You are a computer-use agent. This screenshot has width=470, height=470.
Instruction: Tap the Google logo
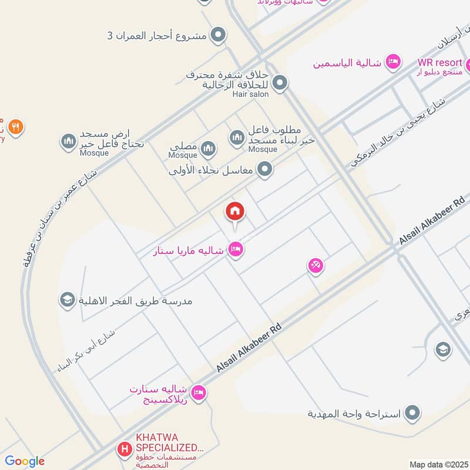(24, 461)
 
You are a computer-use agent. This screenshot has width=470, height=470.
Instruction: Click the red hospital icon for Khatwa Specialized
(125, 451)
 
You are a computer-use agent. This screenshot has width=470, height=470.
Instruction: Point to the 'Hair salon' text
(250, 94)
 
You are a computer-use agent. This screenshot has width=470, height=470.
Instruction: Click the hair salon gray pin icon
(280, 83)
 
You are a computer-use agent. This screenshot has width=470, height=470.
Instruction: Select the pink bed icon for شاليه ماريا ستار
(236, 249)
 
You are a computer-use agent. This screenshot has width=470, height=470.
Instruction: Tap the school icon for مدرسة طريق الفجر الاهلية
(66, 300)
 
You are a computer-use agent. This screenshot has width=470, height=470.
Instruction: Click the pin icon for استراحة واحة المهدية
(414, 413)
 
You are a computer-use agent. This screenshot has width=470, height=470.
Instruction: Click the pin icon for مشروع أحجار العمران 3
(219, 35)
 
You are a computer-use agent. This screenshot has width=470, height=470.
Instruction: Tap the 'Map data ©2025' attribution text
(438, 464)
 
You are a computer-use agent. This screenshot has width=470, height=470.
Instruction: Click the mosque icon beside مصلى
(208, 149)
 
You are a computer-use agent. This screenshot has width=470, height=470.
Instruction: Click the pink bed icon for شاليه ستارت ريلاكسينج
(199, 392)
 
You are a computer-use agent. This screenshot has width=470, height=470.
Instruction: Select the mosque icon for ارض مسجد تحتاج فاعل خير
(69, 142)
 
